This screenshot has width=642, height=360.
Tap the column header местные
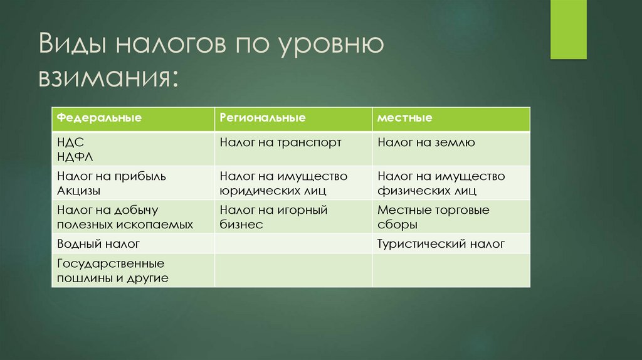click(x=405, y=118)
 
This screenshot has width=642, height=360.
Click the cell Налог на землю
click(x=426, y=142)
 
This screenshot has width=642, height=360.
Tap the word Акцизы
click(x=78, y=190)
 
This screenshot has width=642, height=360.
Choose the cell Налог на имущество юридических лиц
click(x=283, y=183)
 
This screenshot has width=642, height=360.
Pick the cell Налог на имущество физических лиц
click(x=441, y=183)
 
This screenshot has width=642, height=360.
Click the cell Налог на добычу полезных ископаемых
click(x=124, y=217)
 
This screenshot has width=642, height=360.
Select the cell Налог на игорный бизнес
click(x=273, y=217)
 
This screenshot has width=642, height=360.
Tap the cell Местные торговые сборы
click(x=433, y=217)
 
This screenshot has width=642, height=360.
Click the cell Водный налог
click(x=98, y=244)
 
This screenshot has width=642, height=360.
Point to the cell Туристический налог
click(x=441, y=244)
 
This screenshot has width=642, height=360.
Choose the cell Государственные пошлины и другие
click(x=113, y=270)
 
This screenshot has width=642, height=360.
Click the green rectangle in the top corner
click(x=568, y=29)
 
